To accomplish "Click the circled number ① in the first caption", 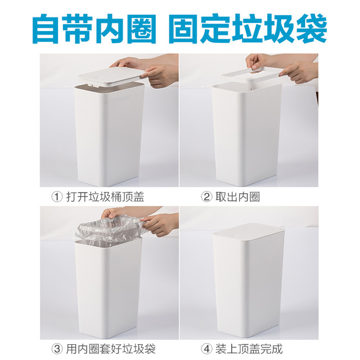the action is coord(57,197).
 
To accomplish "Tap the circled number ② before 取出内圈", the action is coord(206,197).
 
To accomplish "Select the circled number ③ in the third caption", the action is coord(57,349).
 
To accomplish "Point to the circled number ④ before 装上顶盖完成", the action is coord(206,349).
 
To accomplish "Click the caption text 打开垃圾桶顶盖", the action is coord(105,197).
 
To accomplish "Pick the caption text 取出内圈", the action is coord(237,197).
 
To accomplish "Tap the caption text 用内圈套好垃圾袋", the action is coord(111,349).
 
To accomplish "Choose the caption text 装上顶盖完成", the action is coord(249,349).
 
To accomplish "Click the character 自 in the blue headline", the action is coord(47,29).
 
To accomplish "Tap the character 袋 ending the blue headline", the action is coord(312,29).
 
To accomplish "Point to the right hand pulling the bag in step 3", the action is coord(161,224).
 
